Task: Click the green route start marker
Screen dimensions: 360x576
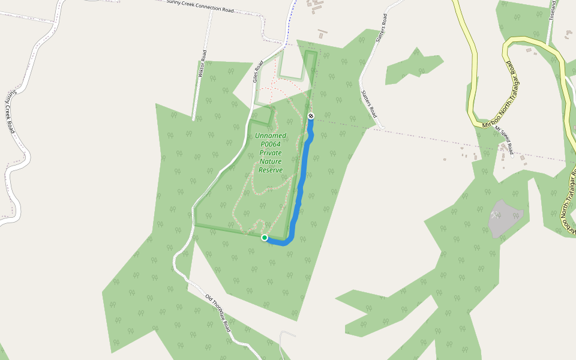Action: click(x=265, y=238)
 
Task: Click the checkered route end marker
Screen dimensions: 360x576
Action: click(x=311, y=116)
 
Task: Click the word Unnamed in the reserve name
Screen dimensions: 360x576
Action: click(x=271, y=136)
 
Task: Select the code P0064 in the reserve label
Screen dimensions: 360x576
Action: click(x=271, y=144)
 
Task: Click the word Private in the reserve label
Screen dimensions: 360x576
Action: click(x=271, y=153)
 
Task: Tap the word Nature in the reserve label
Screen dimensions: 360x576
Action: click(x=271, y=161)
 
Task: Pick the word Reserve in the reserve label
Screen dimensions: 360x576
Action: click(x=271, y=170)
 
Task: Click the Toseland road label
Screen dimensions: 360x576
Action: click(x=553, y=11)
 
